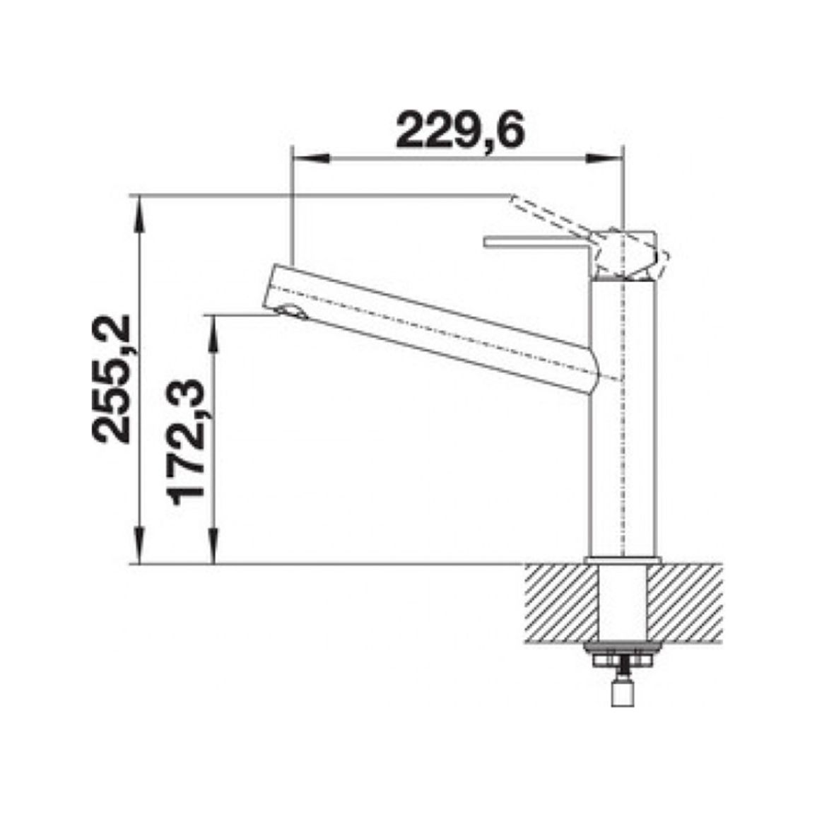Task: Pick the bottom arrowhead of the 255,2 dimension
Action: pos(139,546)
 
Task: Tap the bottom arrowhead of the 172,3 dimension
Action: pos(213,546)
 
